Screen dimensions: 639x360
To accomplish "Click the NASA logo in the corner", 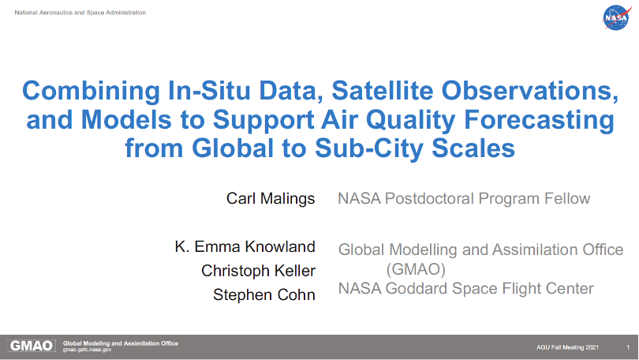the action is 617,17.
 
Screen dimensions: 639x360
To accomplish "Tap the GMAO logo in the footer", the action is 32,346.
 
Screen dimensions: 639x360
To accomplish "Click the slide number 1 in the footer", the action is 628,347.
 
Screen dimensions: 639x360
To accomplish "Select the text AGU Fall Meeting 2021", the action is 567,347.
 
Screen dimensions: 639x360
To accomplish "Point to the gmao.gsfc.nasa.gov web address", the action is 87,350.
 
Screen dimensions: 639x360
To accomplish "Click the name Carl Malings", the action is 271,198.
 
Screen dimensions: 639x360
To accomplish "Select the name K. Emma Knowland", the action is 245,246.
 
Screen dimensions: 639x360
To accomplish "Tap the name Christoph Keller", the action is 259,271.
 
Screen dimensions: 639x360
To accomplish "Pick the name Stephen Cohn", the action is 264,294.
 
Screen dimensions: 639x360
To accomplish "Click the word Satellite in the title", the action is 383,90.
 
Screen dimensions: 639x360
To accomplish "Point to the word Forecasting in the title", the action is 539,120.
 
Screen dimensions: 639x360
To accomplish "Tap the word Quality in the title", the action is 410,120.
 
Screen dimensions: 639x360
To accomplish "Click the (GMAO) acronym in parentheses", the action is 416,269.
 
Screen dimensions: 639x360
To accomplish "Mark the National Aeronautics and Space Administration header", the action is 80,13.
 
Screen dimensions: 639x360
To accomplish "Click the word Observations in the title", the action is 530,90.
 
